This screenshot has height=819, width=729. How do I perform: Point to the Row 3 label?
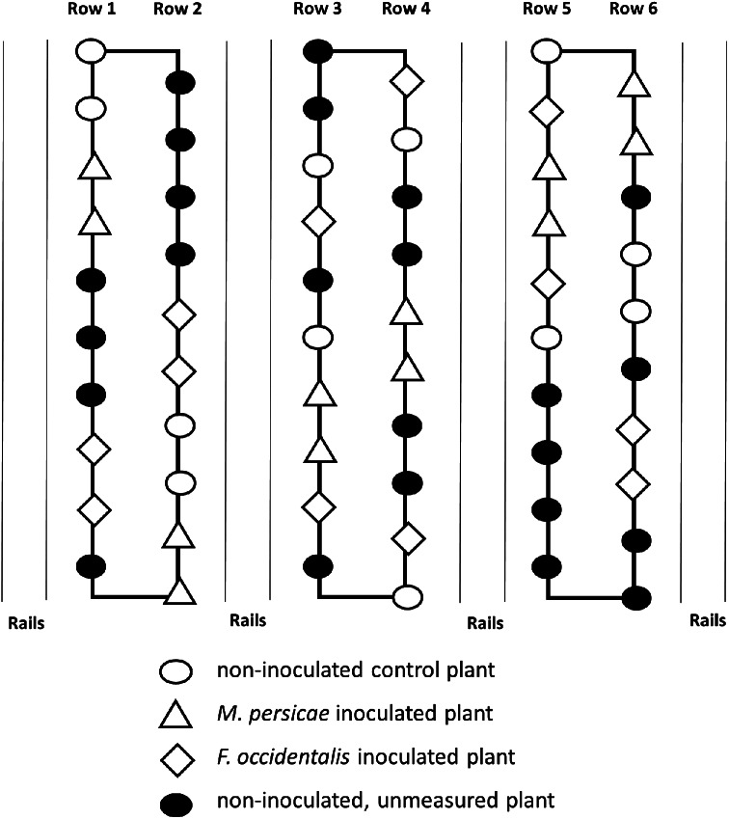(319, 11)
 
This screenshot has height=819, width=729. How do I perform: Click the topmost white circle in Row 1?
(93, 50)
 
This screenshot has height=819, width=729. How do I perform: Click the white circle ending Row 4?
(406, 597)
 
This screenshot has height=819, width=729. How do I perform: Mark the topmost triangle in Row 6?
(632, 85)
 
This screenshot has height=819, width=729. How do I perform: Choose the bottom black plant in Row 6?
(632, 598)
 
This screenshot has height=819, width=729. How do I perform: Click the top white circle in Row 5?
(547, 50)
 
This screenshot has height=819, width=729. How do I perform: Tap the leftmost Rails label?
(25, 621)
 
